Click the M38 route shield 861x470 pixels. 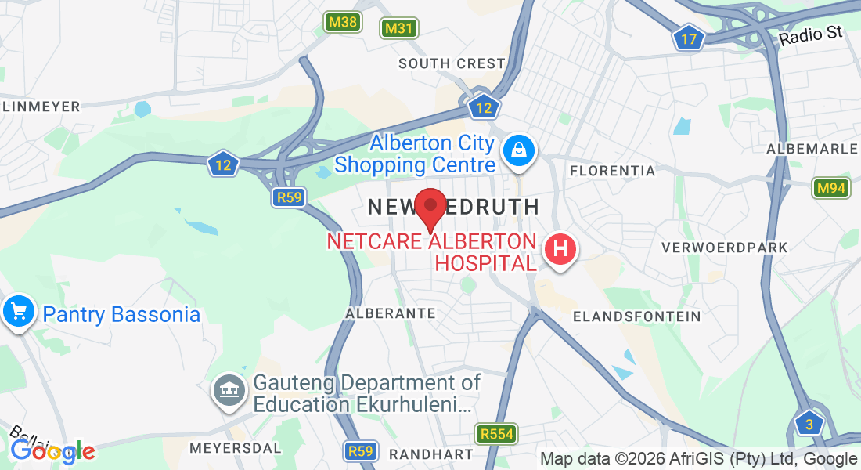click(x=344, y=22)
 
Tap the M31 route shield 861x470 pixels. click(x=399, y=29)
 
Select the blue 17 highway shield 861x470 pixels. click(x=689, y=38)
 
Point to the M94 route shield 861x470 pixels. click(x=830, y=188)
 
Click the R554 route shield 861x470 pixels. click(x=495, y=433)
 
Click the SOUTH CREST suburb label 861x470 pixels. click(x=452, y=63)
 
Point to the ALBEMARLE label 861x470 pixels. click(x=813, y=149)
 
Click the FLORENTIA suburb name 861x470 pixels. click(x=612, y=170)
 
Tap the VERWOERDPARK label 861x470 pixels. click(x=724, y=248)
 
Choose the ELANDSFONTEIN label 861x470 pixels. click(x=636, y=316)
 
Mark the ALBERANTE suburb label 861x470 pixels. click(x=391, y=313)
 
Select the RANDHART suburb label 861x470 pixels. click(x=430, y=454)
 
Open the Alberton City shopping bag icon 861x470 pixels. click(x=518, y=149)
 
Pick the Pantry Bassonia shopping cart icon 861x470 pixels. click(x=19, y=312)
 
